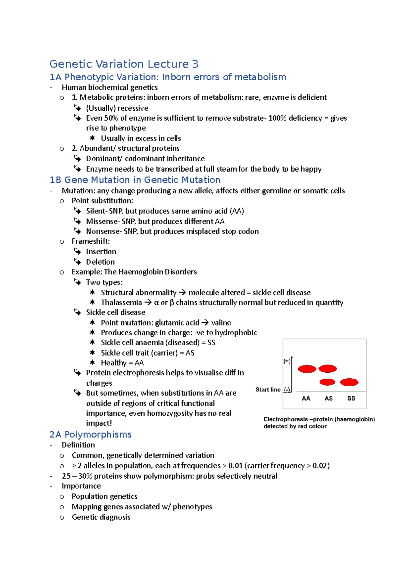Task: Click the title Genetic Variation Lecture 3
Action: click(124, 64)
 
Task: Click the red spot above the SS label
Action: click(349, 382)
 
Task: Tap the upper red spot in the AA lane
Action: click(307, 369)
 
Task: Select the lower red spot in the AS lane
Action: click(328, 382)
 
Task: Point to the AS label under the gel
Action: click(328, 398)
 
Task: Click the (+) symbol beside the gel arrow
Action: click(287, 362)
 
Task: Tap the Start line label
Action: click(268, 389)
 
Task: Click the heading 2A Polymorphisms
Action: click(90, 434)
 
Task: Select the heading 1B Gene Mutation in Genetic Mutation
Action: click(135, 180)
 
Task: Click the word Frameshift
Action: click(90, 241)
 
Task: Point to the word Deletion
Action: click(100, 262)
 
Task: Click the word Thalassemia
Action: click(121, 303)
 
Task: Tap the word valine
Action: click(221, 323)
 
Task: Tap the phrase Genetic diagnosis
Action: click(101, 517)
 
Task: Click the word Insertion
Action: click(101, 252)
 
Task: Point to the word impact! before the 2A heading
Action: click(99, 423)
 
